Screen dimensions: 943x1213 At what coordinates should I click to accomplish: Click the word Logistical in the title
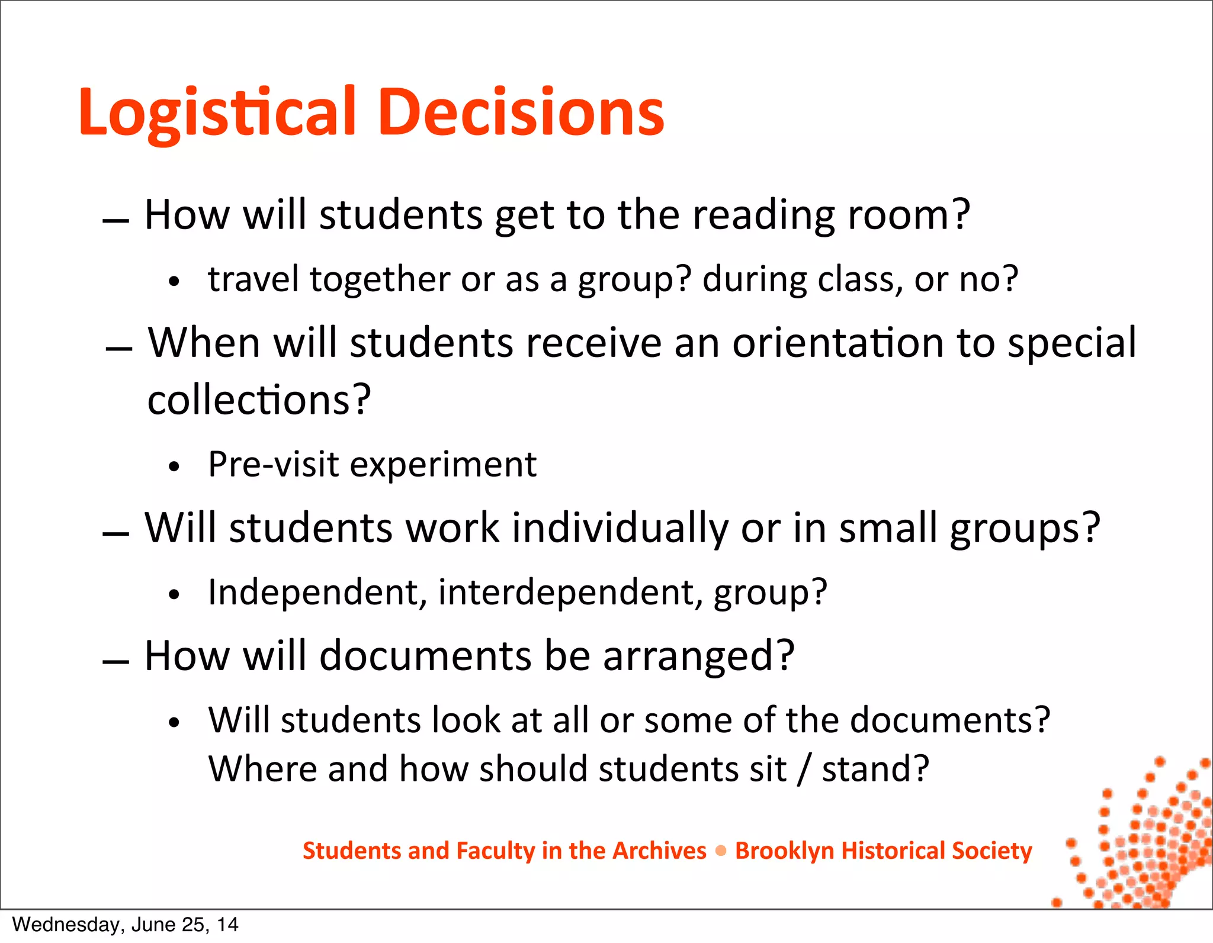click(217, 112)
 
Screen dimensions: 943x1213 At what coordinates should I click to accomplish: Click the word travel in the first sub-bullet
click(253, 279)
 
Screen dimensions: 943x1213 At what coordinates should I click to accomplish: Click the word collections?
click(259, 400)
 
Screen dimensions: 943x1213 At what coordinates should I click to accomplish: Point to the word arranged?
click(698, 656)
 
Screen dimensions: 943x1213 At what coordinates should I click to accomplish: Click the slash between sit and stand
click(803, 769)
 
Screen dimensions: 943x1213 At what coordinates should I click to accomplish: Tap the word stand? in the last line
click(875, 769)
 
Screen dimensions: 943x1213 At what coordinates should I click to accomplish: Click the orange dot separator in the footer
click(721, 851)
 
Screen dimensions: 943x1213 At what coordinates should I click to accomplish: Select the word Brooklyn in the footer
click(784, 851)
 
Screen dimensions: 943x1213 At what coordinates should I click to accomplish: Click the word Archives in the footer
click(659, 851)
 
